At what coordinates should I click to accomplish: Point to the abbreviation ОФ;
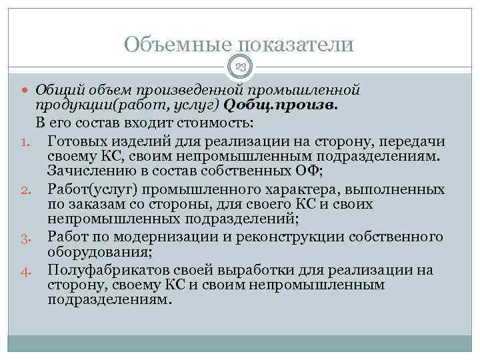coord(311,171)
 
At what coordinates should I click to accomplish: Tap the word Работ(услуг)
coord(85,188)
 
